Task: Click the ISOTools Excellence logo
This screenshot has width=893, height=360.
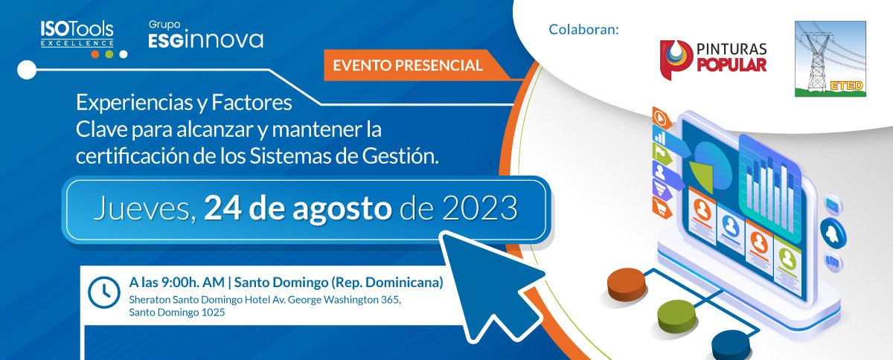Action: (77, 36)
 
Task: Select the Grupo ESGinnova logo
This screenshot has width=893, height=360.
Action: (206, 35)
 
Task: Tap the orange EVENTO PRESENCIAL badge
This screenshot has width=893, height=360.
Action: (408, 65)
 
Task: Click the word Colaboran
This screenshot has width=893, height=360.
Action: (583, 30)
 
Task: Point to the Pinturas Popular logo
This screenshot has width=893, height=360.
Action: (713, 57)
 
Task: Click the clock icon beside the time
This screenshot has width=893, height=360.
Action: (103, 292)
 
